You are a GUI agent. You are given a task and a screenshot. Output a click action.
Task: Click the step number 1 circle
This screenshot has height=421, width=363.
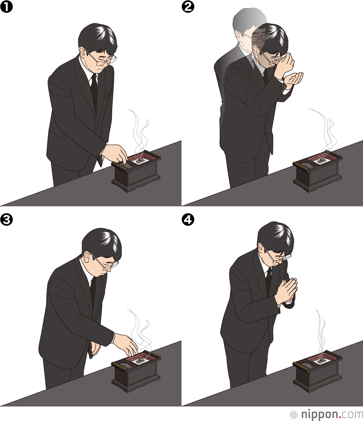click(7, 7)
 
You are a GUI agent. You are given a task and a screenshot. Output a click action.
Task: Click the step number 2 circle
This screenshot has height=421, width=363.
click(188, 7)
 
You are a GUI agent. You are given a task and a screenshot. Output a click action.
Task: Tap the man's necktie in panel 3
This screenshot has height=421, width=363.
click(93, 291)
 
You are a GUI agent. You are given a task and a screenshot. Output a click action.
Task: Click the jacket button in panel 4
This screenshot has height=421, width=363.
click(265, 330)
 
